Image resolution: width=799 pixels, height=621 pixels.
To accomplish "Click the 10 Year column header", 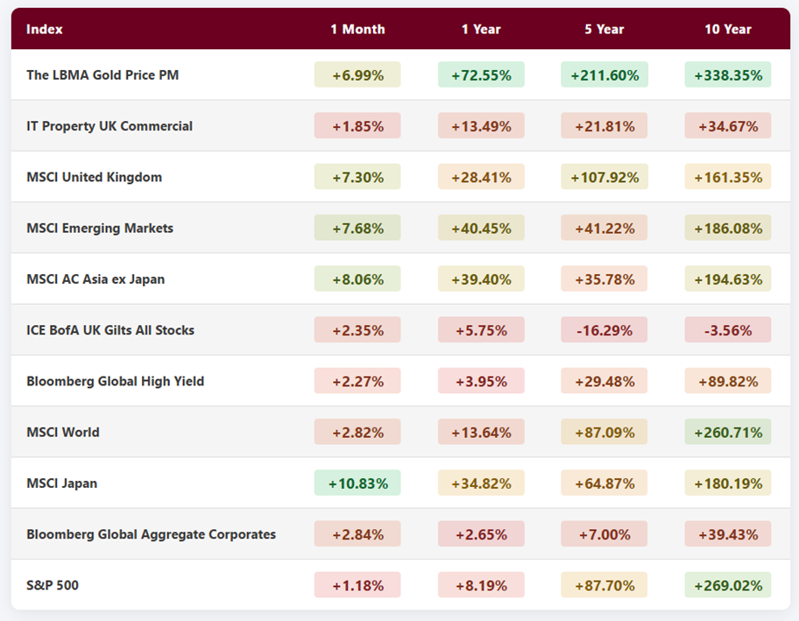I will [727, 29].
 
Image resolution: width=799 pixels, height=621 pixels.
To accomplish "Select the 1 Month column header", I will [357, 29].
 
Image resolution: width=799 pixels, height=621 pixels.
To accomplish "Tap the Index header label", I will [45, 29].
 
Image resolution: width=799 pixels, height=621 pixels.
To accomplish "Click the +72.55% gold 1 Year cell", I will [481, 75].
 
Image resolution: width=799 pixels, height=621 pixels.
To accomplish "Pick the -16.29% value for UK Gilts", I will [605, 330].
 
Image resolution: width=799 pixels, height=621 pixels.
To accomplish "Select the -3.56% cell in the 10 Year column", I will [727, 330].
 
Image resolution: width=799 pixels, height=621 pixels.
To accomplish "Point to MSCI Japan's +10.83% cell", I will [357, 483].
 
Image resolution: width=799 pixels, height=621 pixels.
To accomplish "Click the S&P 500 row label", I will [53, 585].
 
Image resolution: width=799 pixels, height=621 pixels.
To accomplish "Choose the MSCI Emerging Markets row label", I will [100, 228].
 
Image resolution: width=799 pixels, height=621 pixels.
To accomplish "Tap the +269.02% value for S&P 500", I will [727, 585].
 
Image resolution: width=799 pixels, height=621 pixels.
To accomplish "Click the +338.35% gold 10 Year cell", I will [727, 75].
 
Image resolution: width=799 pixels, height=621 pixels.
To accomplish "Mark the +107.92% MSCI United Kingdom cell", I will [605, 177].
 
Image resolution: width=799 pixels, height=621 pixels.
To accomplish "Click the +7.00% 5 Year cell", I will [605, 534].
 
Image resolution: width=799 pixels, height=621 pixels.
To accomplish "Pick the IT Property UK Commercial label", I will [110, 126].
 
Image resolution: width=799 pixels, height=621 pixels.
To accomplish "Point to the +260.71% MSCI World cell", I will [727, 432].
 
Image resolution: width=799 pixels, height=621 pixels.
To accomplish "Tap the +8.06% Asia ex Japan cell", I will [357, 279].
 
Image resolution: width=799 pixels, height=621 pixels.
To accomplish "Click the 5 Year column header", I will [605, 29].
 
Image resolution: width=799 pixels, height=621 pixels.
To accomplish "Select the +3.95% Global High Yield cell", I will [481, 381].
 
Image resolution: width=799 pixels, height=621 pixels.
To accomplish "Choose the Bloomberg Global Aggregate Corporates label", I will [151, 534].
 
